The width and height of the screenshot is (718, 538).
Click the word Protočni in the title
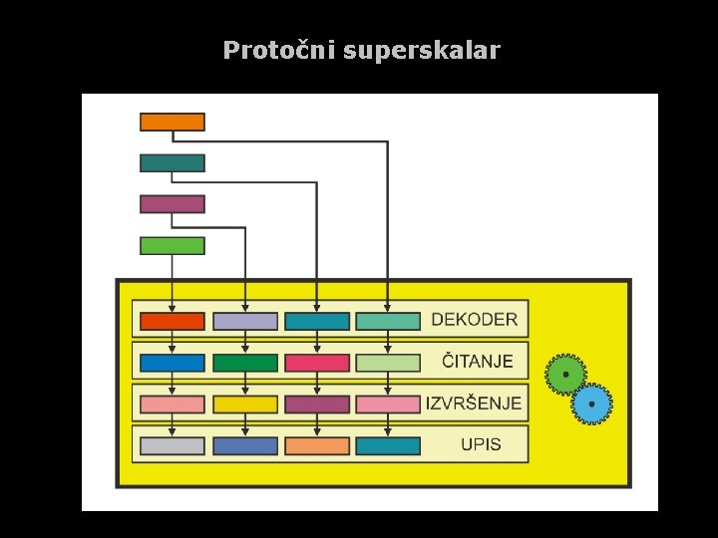pos(278,51)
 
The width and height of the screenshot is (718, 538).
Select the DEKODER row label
pos(474,320)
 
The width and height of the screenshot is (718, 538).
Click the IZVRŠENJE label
pos(474,403)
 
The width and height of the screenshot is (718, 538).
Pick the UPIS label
pos(481,444)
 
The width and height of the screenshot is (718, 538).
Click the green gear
pos(565,375)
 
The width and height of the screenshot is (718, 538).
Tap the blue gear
pos(592,404)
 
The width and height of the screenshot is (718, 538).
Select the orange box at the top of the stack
pos(173,122)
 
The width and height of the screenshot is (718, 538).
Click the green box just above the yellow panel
pos(173,245)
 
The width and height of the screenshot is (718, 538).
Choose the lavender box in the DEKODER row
pos(245,321)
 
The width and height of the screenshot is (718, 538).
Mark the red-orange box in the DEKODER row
pos(173,321)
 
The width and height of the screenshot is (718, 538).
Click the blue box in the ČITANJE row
pos(173,363)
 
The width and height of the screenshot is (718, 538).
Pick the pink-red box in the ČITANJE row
pos(317,363)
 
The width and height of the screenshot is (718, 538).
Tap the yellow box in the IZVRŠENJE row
pos(245,404)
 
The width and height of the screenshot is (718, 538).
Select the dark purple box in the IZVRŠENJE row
pos(317,404)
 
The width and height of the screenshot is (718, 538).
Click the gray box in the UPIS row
pos(173,445)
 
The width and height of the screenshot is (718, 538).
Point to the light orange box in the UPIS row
pos(317,445)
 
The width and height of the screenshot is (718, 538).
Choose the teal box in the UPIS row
pos(388,445)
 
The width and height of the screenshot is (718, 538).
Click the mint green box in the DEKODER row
pos(388,321)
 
